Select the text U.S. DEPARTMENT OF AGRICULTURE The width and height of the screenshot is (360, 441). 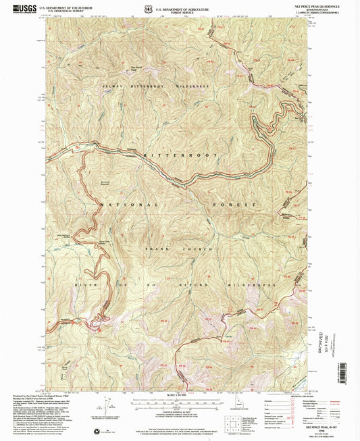(180, 5)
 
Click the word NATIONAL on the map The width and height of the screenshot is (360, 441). (130, 203)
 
